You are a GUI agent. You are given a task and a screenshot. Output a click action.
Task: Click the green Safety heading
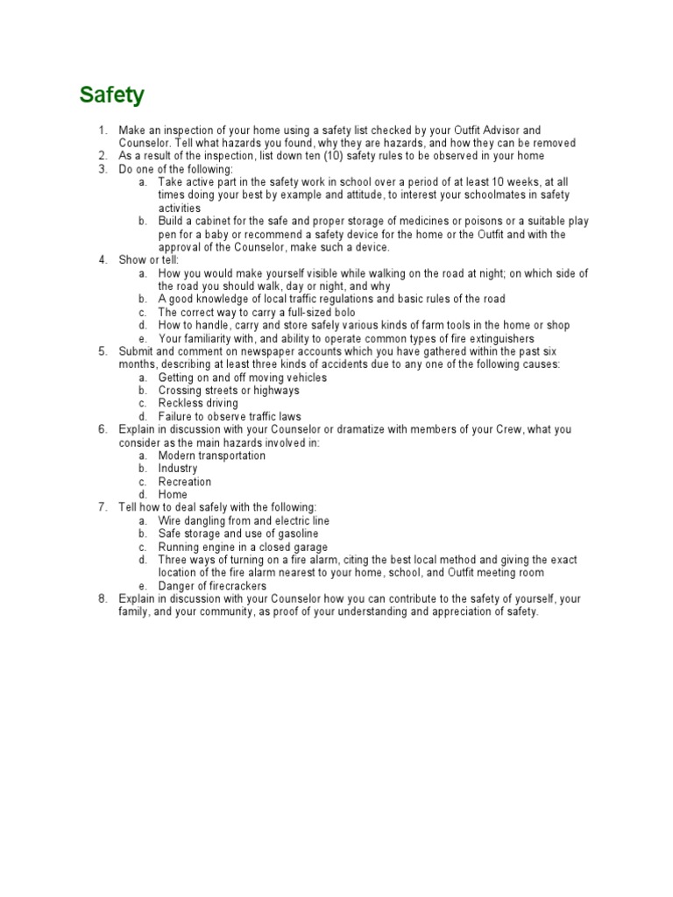(112, 95)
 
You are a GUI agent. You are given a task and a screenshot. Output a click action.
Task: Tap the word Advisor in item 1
(493, 131)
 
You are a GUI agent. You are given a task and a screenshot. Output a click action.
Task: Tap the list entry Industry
(178, 469)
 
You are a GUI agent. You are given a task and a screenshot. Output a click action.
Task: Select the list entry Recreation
(185, 482)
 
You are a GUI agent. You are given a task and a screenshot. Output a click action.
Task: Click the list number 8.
(102, 599)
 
